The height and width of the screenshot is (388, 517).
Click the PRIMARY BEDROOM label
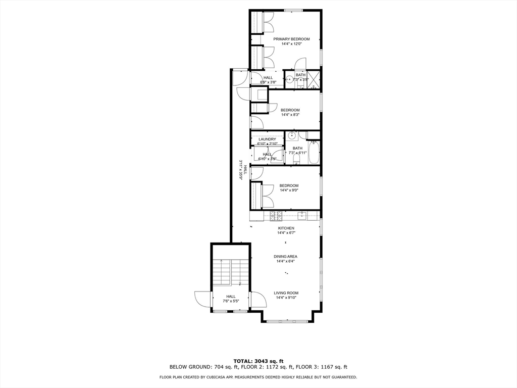291,39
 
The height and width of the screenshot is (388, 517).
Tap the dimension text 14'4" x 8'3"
290,115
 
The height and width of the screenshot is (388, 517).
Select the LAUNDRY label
267,139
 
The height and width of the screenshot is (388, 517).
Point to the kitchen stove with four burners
276,216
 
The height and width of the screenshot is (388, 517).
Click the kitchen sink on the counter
302,216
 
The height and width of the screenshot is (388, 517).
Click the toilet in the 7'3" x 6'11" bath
297,160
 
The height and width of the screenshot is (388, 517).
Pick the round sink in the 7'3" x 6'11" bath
292,135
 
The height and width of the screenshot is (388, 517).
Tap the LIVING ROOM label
286,293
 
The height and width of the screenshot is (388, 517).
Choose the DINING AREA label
286,257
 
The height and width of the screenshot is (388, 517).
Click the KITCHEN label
286,228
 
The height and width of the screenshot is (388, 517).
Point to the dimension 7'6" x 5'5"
231,301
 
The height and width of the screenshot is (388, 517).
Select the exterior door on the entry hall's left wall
203,299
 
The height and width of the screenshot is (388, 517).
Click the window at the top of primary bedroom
293,10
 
